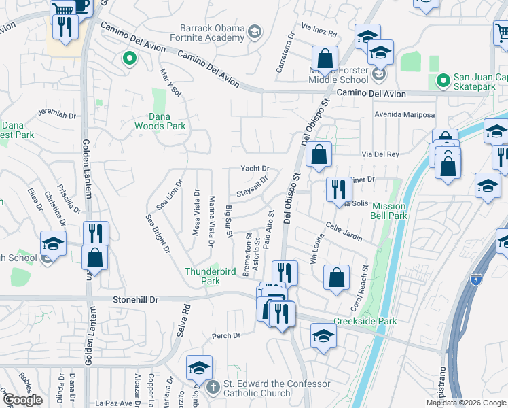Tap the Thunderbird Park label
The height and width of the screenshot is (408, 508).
(x=211, y=275)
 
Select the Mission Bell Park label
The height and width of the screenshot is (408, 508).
(x=389, y=211)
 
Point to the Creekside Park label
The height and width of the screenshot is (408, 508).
(x=365, y=321)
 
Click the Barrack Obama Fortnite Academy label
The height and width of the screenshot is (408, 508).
(x=212, y=34)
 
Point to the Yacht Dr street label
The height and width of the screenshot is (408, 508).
(x=255, y=169)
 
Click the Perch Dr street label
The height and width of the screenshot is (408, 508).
(x=226, y=335)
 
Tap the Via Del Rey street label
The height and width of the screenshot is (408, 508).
(x=380, y=154)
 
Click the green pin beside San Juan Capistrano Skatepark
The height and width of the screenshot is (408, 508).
(x=443, y=82)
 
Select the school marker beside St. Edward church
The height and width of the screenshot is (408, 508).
(x=199, y=367)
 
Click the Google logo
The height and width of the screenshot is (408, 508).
(x=23, y=400)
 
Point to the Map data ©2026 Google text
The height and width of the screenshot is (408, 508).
(x=466, y=403)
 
